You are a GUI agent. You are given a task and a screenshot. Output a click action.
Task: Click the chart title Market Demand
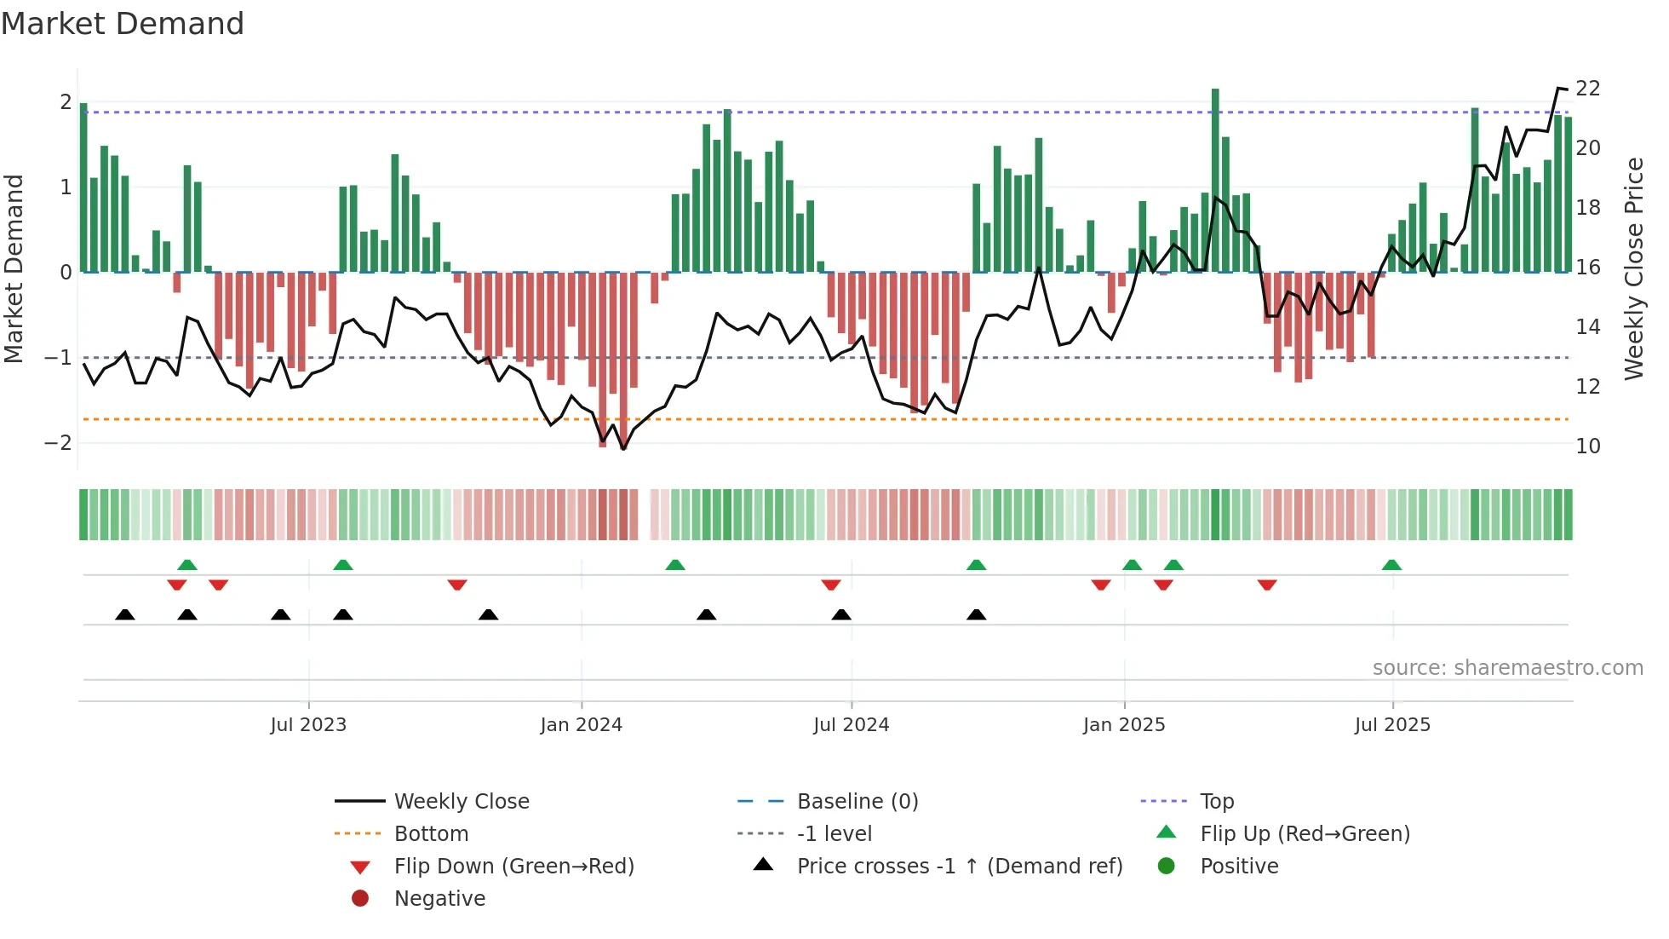[x=123, y=24]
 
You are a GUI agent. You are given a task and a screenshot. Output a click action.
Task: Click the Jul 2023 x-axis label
[x=308, y=725]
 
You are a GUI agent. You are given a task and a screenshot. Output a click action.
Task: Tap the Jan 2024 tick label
[x=581, y=725]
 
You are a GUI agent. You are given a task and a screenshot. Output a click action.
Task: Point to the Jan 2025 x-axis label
[x=1123, y=725]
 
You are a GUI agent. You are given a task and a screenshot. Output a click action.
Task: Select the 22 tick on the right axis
[x=1587, y=89]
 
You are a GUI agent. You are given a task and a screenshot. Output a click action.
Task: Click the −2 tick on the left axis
[x=58, y=442]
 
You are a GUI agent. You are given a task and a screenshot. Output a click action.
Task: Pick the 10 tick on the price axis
[x=1587, y=446]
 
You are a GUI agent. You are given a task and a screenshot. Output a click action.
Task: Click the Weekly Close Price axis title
[x=1633, y=268]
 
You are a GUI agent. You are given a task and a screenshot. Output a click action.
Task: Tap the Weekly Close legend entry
[x=461, y=801]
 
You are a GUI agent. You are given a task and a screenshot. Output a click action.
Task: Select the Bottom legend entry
[x=431, y=833]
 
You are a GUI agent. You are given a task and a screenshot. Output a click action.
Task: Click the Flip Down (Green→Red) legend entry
[x=513, y=866]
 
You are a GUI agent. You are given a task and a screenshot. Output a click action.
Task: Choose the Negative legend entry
[x=439, y=898]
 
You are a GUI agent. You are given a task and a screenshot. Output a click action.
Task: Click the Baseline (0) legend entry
[x=857, y=801]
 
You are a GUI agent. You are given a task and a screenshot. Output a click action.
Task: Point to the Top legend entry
[x=1216, y=801]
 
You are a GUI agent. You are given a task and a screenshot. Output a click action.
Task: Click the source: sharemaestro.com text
[x=1507, y=667]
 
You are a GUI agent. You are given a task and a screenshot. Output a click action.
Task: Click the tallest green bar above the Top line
[x=1215, y=179]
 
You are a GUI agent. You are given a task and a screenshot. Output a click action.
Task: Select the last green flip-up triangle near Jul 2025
[x=1391, y=565]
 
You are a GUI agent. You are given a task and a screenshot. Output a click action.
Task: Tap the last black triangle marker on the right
[x=977, y=614]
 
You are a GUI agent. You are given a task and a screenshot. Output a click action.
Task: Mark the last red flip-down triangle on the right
[x=1266, y=585]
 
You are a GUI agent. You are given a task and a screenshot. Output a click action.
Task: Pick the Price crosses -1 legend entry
[x=959, y=866]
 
